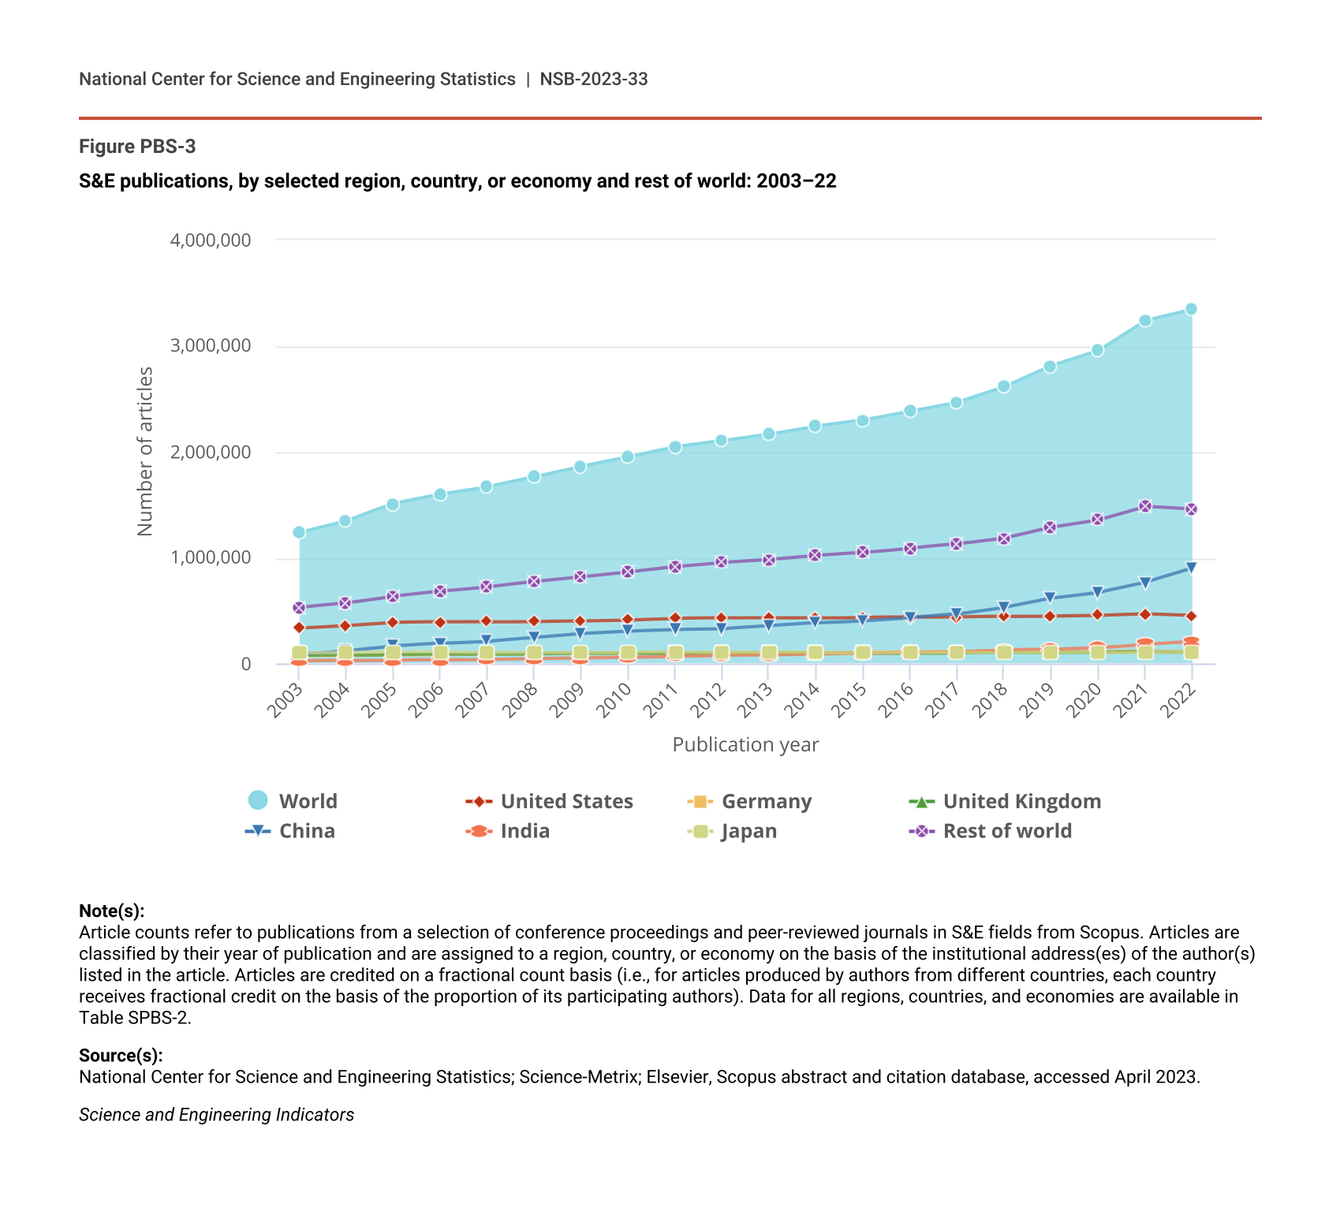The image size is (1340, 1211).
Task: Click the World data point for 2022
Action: coord(1191,309)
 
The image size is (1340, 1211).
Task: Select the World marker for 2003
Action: coord(299,532)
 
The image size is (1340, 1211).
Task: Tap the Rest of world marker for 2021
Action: coord(1145,506)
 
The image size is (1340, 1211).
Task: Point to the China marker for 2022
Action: coord(1191,568)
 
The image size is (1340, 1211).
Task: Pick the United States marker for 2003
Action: coord(299,628)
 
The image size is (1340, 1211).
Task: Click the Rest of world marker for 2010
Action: coord(628,572)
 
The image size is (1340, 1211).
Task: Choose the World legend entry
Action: coord(293,801)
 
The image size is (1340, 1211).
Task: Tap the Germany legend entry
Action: coord(749,801)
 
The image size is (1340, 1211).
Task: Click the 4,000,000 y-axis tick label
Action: coord(211,240)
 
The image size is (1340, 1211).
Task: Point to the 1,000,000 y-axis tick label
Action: coord(211,558)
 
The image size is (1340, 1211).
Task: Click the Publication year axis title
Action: coord(745,745)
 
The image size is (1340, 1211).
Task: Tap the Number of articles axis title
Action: coord(145,451)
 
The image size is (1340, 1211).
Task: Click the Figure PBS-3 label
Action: coord(137,147)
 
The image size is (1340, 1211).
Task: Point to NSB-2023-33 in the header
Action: coord(594,79)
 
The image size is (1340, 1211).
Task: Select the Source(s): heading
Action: coord(121,1056)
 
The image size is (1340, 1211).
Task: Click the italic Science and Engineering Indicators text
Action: coord(216,1115)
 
